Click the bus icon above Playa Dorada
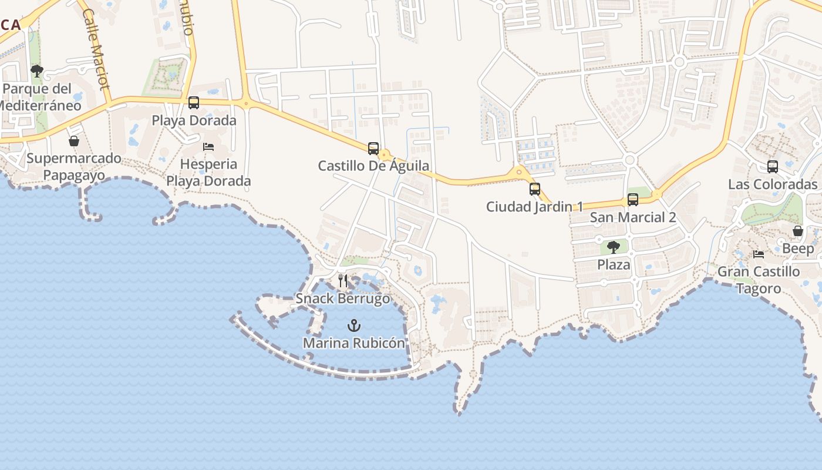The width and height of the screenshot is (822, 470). (194, 103)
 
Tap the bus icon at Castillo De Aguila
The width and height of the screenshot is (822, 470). (373, 149)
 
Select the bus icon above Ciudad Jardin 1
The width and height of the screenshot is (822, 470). (535, 189)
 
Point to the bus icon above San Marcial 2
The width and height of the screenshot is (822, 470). (633, 200)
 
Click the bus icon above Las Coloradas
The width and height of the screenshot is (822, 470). (773, 167)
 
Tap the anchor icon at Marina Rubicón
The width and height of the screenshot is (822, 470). (353, 325)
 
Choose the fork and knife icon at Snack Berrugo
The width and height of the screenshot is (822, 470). (343, 281)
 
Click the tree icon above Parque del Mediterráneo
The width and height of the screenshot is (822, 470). (37, 72)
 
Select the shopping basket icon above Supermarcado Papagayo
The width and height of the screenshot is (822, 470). (74, 141)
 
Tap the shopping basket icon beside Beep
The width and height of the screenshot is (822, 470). (797, 231)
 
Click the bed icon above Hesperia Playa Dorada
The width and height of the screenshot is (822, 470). (208, 146)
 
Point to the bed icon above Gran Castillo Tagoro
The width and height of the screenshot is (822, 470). (759, 254)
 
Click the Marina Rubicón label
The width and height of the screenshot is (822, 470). (354, 343)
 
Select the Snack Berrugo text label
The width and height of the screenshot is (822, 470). (343, 298)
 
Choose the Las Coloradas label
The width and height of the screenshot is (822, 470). (773, 184)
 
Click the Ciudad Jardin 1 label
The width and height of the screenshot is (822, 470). (535, 207)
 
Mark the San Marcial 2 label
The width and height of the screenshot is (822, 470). (633, 217)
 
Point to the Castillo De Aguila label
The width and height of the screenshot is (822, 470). (373, 166)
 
